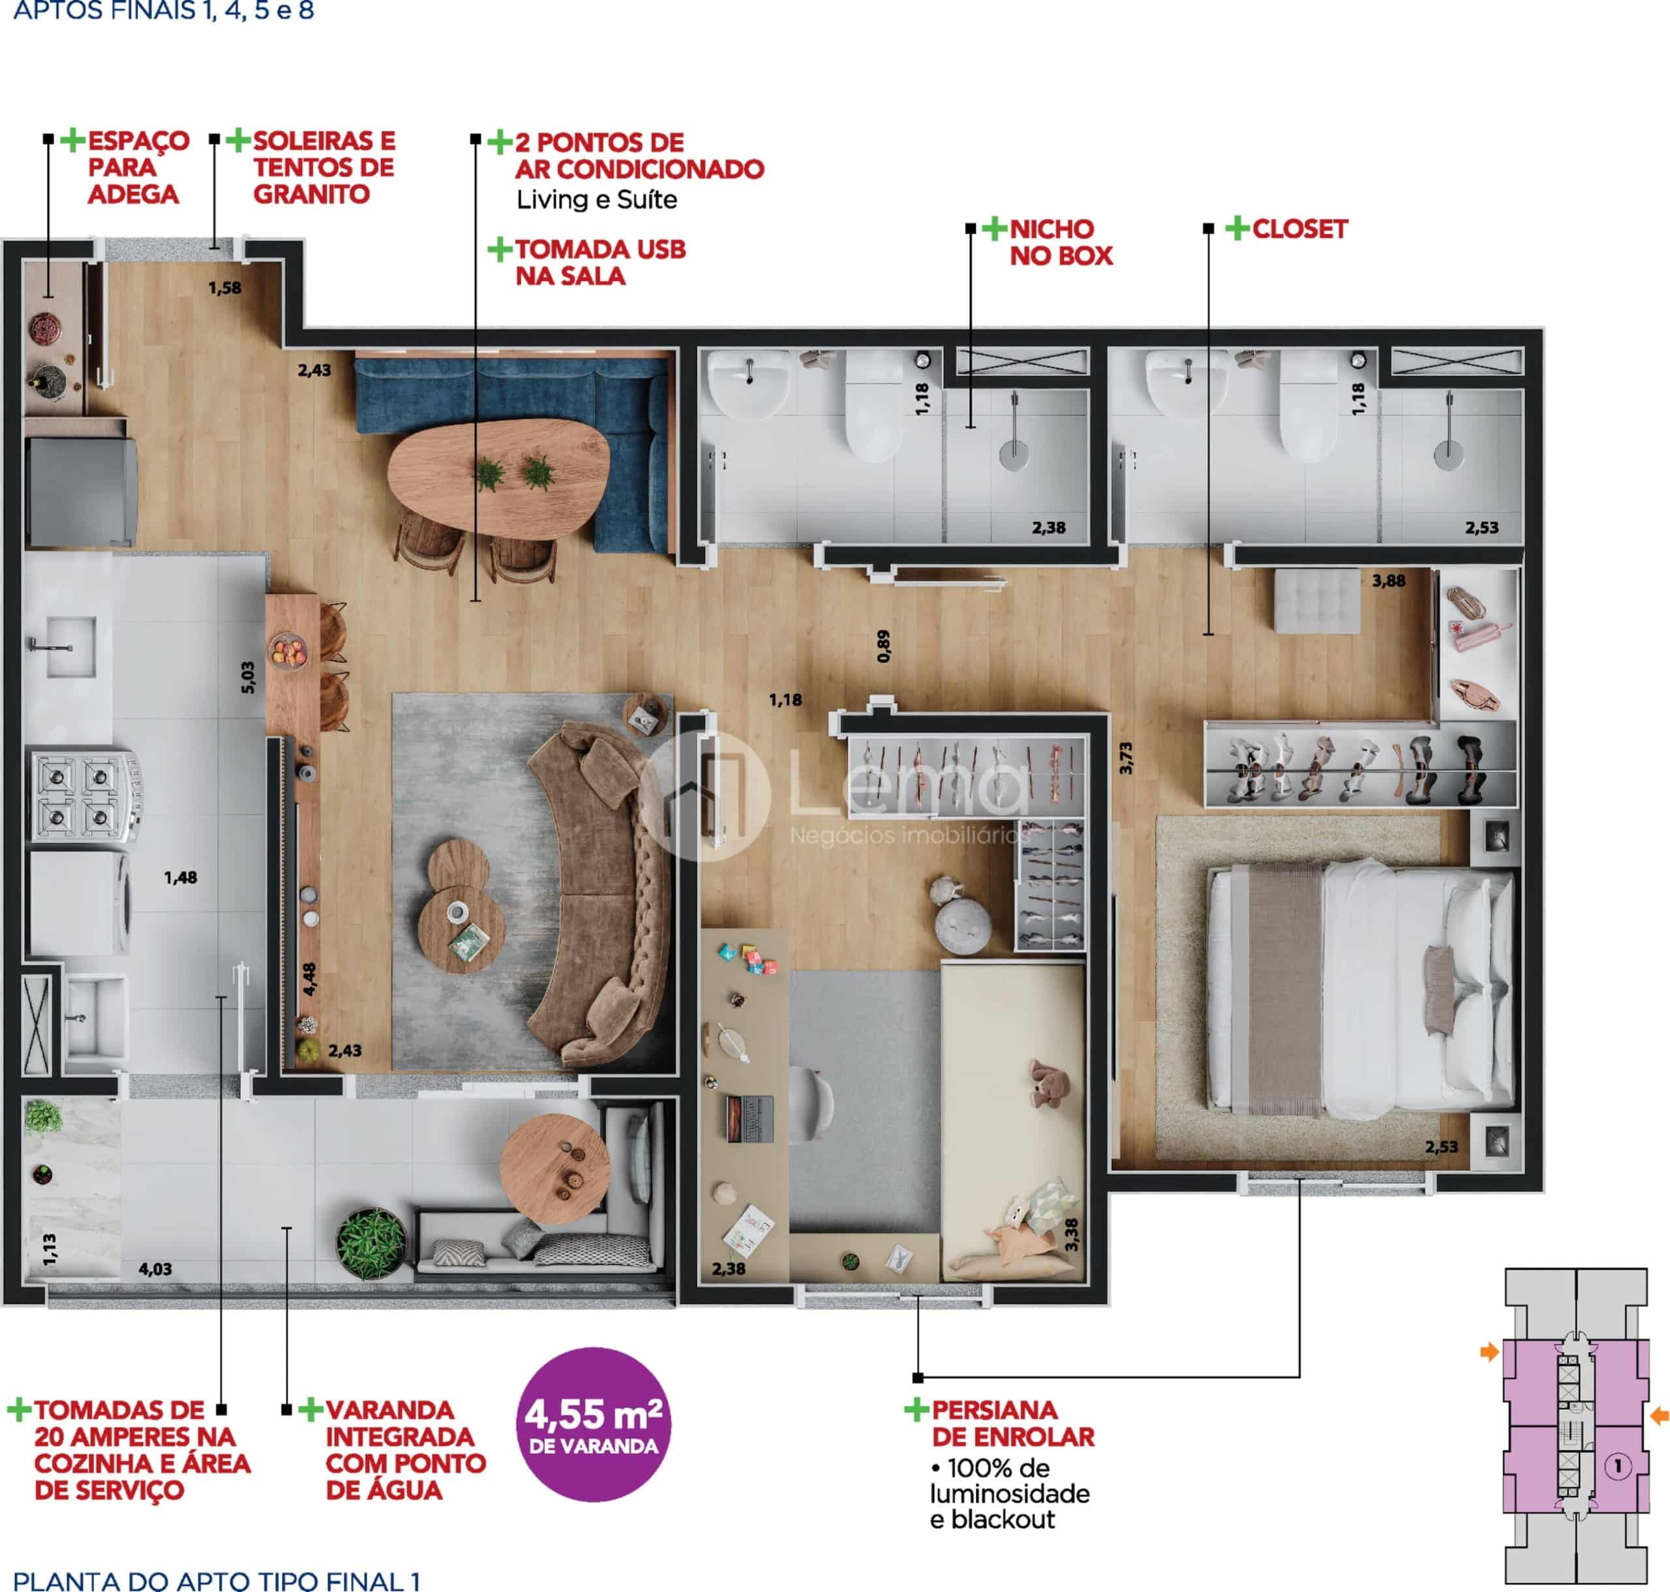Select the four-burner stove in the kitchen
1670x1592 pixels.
click(85, 796)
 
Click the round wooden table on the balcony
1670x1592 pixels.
click(554, 1169)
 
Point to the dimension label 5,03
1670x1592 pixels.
click(248, 677)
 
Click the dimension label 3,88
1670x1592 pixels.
click(1388, 581)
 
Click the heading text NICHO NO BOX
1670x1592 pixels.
click(1061, 243)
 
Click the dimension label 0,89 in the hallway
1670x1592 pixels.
click(884, 646)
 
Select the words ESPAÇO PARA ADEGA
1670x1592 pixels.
click(138, 167)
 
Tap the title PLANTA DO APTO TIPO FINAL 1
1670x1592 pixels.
click(217, 1580)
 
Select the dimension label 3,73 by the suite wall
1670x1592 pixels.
click(1126, 758)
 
